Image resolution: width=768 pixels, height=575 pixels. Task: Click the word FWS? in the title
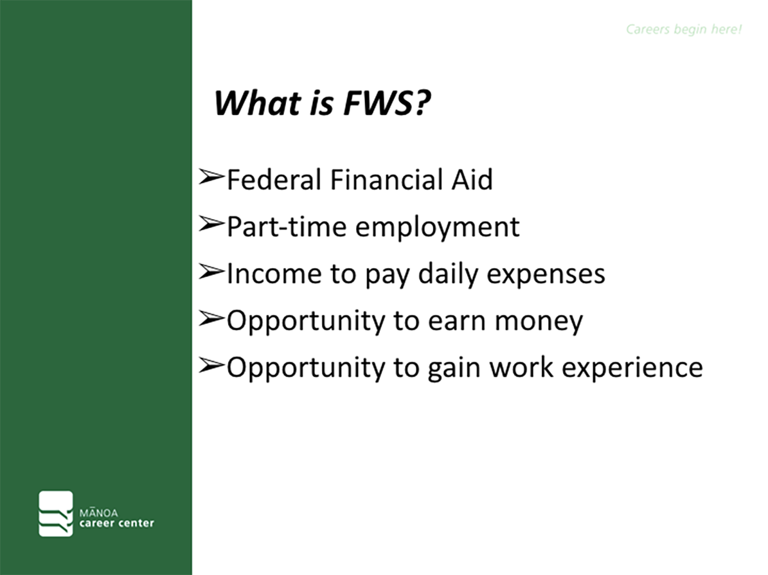[x=387, y=103]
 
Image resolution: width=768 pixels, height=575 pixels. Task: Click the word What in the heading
[x=258, y=103]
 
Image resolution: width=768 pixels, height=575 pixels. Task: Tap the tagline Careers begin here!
[x=684, y=30]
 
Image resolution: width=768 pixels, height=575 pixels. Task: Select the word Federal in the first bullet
[x=274, y=179]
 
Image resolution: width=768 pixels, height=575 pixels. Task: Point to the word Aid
[x=472, y=179]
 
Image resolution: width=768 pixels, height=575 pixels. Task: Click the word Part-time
[x=287, y=227]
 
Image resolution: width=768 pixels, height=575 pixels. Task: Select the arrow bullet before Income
[x=211, y=271]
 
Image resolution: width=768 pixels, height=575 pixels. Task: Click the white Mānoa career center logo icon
[x=56, y=513]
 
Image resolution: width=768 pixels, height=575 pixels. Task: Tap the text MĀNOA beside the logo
[x=98, y=513]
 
